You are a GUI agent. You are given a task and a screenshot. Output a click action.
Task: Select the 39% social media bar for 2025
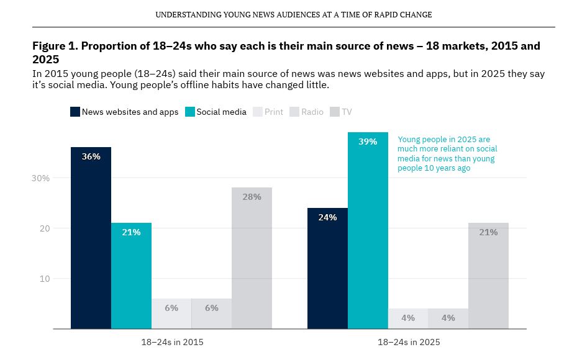pos(368,230)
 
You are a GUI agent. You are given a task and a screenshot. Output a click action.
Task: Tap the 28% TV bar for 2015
pos(252,258)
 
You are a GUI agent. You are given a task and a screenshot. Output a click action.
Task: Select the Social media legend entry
pos(216,112)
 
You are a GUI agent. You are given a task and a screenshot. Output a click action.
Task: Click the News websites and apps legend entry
pos(124,112)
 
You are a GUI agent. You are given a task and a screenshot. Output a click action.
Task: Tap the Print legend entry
pos(268,112)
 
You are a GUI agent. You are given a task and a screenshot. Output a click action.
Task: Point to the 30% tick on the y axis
pos(40,178)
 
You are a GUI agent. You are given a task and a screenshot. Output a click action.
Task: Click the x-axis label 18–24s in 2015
pos(171,342)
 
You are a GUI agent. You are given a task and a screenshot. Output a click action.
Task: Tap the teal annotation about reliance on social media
pos(447,153)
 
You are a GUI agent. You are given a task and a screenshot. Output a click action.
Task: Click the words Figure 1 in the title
pos(55,46)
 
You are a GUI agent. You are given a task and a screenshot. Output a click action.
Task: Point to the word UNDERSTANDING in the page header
pos(185,14)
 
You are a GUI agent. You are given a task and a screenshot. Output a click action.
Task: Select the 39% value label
pos(368,142)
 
